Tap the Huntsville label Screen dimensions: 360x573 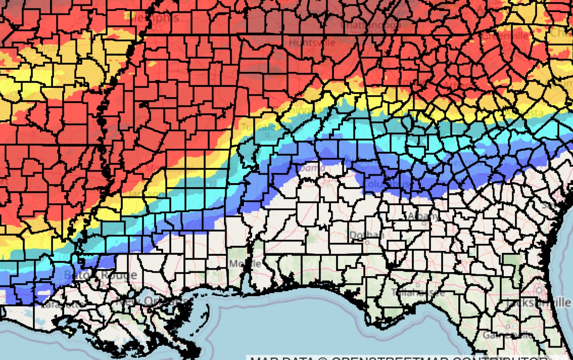pos(312,43)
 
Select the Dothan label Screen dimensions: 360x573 pos(360,235)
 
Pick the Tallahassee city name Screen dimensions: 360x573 pos(418,293)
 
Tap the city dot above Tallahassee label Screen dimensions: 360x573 pos(417,285)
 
